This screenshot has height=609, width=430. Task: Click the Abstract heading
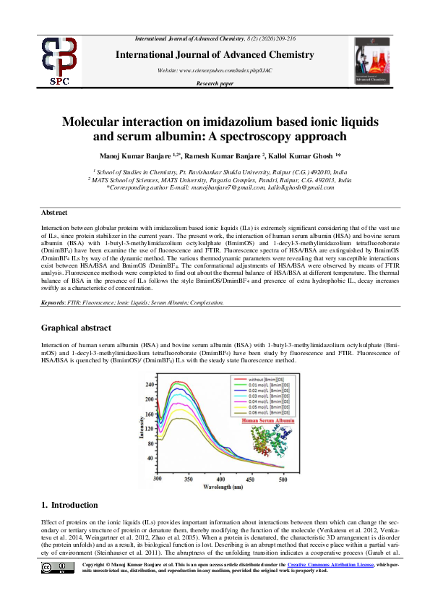pos(54,213)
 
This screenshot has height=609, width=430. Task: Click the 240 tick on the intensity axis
pos(149,383)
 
